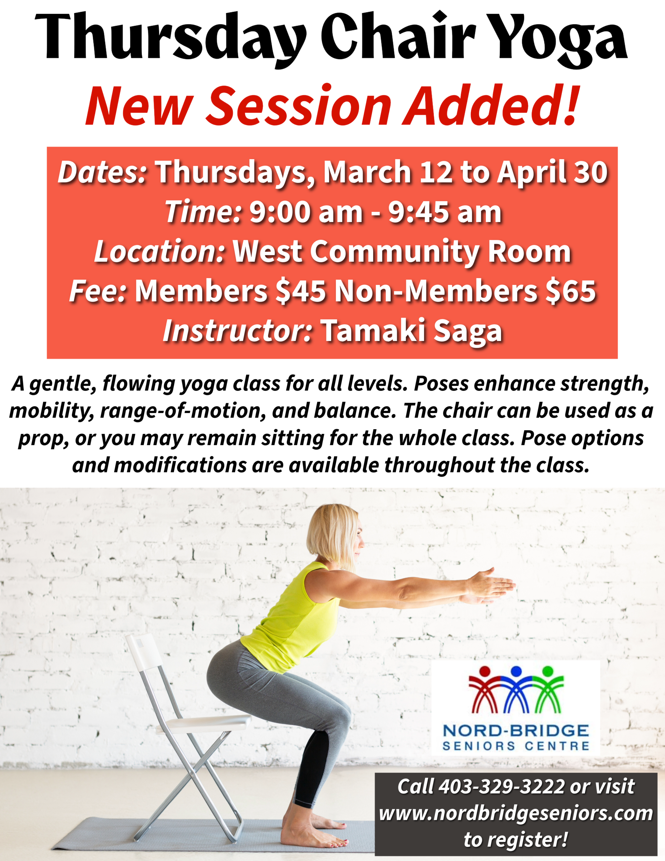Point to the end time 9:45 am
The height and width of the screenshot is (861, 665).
click(445, 212)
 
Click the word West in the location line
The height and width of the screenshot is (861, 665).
click(268, 252)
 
